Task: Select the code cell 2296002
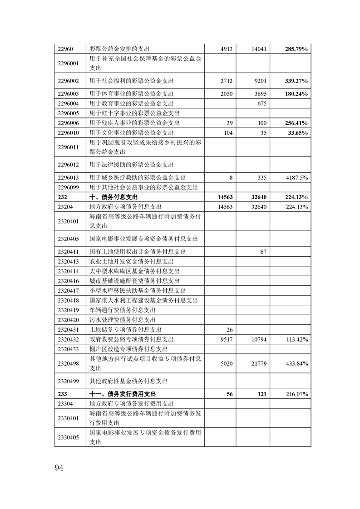pyautogui.click(x=69, y=81)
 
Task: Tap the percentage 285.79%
pyautogui.click(x=296, y=49)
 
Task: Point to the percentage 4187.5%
pyautogui.click(x=297, y=177)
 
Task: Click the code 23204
pyautogui.click(x=66, y=207)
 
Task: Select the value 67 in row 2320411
pyautogui.click(x=263, y=251)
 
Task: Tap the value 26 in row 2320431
pyautogui.click(x=229, y=329)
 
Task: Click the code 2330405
pyautogui.click(x=69, y=437)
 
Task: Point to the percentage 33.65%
pyautogui.click(x=298, y=132)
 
